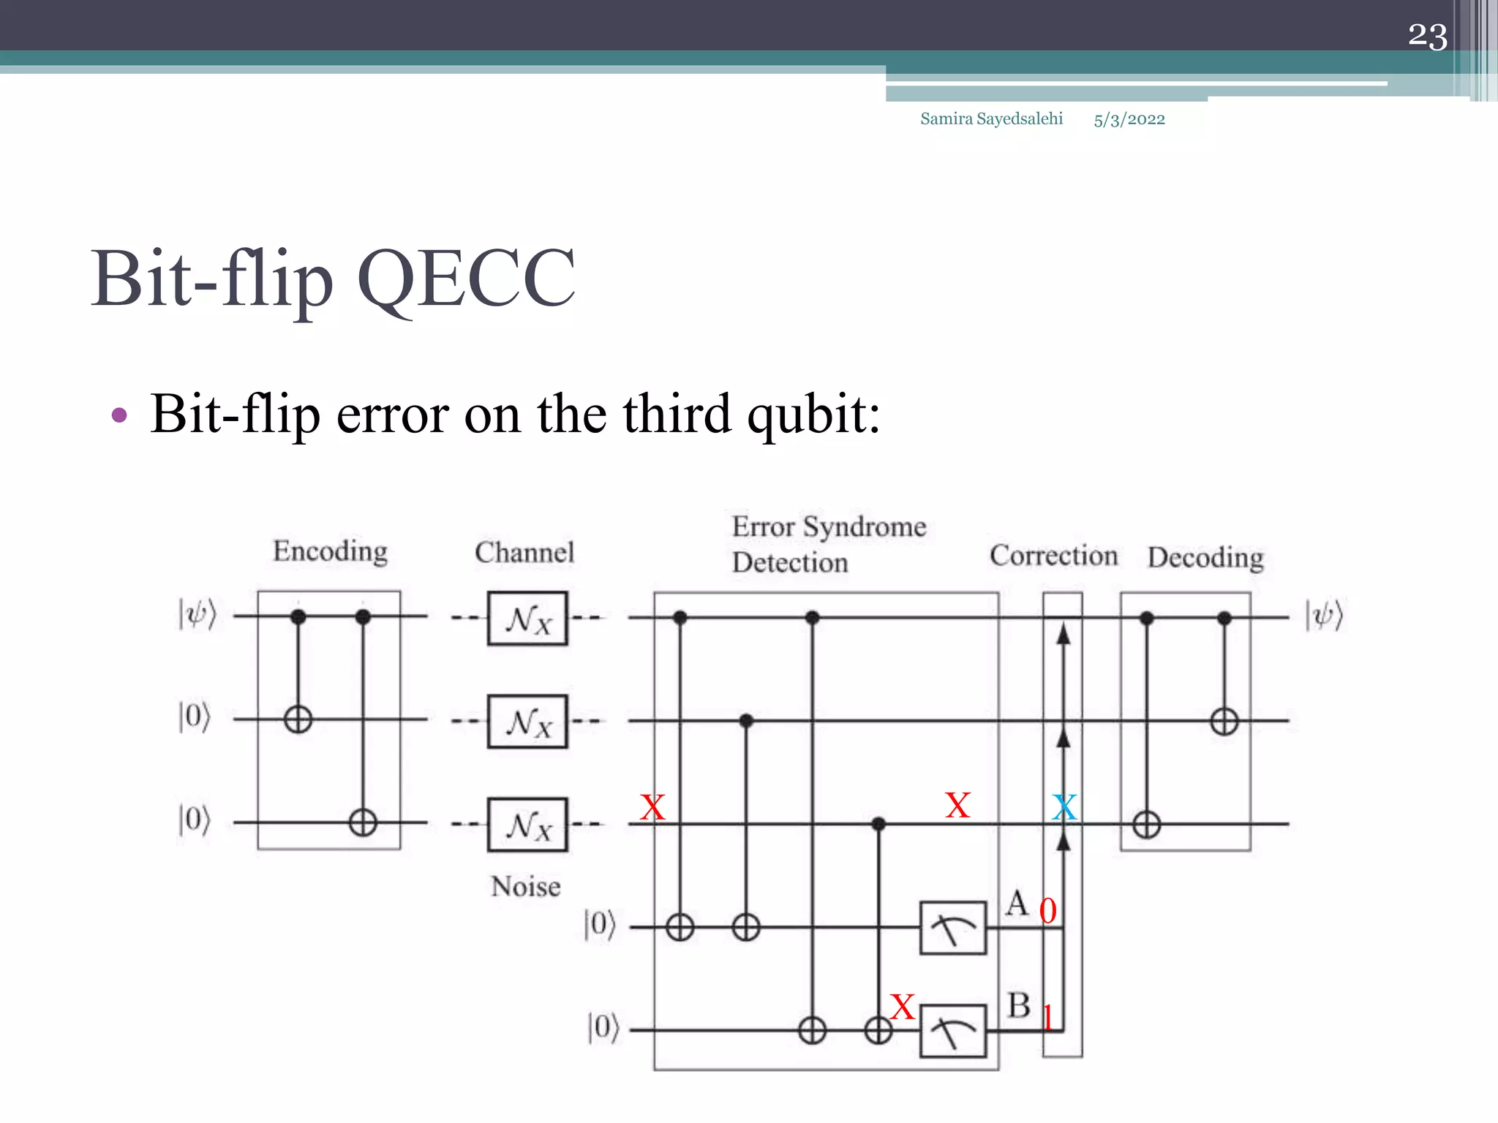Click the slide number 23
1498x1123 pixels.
(1427, 36)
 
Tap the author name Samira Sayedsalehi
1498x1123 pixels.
(991, 118)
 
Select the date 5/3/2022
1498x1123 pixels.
(1129, 119)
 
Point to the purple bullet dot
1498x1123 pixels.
(119, 416)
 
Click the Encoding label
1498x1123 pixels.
(330, 551)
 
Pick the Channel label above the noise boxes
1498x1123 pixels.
(524, 552)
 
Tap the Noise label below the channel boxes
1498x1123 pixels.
(525, 886)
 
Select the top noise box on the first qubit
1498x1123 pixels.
(527, 619)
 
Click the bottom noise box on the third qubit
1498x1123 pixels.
(527, 825)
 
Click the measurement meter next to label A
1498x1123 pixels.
(952, 928)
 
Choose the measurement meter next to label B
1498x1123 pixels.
(952, 1031)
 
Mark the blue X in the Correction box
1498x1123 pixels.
(1064, 808)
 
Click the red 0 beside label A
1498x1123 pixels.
(1047, 911)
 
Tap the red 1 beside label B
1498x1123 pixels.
(1047, 1017)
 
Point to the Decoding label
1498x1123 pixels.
(1205, 557)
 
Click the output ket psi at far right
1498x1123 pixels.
(1325, 615)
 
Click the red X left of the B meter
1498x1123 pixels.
(903, 1007)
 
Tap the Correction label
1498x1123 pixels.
(1053, 556)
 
